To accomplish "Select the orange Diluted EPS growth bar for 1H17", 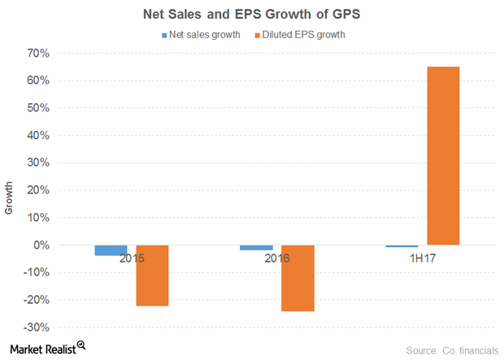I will [443, 155].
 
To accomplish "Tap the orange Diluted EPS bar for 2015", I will [152, 275].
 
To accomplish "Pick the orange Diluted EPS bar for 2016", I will [298, 278].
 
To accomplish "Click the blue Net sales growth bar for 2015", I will [111, 250].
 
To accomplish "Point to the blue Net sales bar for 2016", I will [257, 248].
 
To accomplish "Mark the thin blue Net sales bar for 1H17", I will [402, 246].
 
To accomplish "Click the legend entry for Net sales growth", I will [201, 35].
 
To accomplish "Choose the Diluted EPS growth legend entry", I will [306, 35].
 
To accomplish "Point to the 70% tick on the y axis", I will [38, 54].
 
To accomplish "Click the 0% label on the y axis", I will [41, 245].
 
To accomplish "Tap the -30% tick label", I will [36, 327].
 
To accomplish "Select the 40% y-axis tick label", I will [38, 136].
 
